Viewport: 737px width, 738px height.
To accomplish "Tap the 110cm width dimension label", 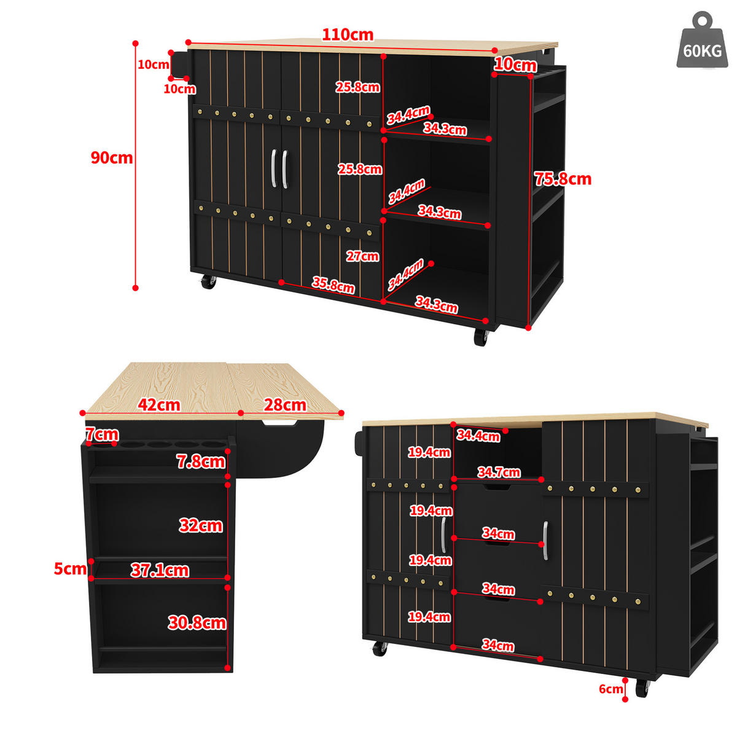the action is (x=347, y=35).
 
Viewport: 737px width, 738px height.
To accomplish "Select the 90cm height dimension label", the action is (x=111, y=158).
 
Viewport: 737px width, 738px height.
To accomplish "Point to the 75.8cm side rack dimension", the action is (x=563, y=179).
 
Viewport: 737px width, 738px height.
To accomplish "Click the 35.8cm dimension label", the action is (x=333, y=285).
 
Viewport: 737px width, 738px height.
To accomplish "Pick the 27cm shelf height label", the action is (x=362, y=256).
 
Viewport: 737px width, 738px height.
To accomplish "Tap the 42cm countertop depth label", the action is (x=159, y=405).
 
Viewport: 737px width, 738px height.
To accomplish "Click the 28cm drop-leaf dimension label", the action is (x=285, y=405).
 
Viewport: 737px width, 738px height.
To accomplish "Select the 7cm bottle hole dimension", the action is (x=102, y=434).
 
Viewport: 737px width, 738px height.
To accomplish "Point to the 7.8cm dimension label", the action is (x=201, y=462).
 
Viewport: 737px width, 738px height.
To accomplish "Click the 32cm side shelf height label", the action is (x=201, y=525).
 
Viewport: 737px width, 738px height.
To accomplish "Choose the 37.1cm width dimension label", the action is (x=160, y=570).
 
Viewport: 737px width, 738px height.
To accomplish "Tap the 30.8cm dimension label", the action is (x=197, y=623).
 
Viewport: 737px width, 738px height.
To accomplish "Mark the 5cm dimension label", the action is (x=70, y=569).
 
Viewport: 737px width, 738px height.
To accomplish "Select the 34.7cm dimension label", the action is (x=499, y=472).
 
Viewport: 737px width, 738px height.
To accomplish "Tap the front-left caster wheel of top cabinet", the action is (x=208, y=281).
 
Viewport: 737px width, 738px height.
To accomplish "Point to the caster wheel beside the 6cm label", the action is (x=642, y=688).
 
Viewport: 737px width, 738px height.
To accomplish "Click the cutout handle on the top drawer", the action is (x=497, y=487).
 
